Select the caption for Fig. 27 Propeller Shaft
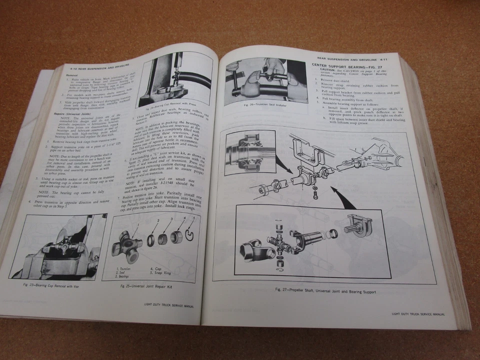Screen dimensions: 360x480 coord(325,290)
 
